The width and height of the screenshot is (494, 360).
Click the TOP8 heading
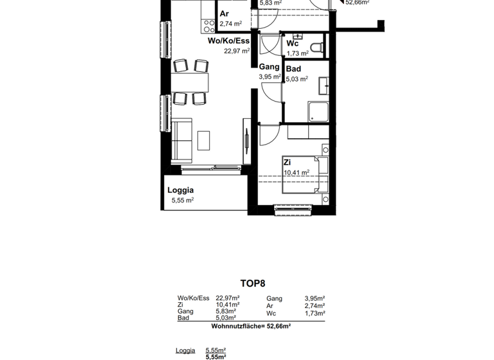[252, 283]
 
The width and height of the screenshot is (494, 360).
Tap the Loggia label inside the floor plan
[181, 190]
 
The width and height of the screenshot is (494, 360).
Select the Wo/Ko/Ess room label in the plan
[228, 41]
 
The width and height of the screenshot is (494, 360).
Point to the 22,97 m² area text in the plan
[236, 51]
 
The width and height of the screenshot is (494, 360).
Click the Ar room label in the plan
[224, 14]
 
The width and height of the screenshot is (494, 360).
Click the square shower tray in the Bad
[318, 113]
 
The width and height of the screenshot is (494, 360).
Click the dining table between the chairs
[191, 82]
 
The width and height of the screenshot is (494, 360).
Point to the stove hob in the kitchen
[209, 26]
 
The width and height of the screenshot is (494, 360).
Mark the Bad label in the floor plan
[293, 69]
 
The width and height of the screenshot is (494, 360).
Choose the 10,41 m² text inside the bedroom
[297, 172]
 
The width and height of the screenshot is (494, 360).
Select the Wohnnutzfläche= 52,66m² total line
[251, 327]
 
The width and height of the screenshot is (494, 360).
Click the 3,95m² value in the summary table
[315, 298]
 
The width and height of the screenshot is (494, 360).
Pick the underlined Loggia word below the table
[186, 350]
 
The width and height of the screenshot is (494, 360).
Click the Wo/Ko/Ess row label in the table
[194, 298]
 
